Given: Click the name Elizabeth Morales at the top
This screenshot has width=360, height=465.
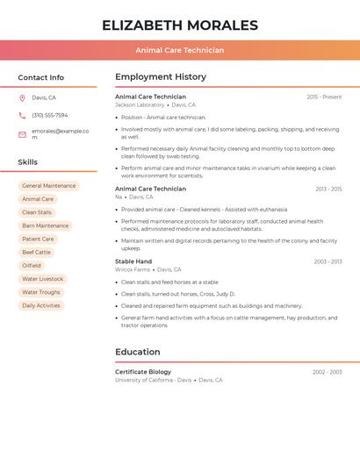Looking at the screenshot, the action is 180,25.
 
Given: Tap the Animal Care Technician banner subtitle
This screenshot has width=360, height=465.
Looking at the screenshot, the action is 180,50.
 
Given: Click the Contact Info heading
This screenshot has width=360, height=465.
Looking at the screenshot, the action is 41,77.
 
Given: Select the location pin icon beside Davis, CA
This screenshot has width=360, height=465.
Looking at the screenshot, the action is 22,98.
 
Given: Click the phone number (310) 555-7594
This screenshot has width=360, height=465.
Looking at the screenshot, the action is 50,115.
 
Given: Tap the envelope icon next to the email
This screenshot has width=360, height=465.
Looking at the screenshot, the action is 22,134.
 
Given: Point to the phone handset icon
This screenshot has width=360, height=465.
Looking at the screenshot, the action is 22,115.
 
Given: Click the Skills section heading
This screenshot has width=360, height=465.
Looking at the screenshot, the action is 28,161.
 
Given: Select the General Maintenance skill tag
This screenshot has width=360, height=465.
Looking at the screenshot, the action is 49,186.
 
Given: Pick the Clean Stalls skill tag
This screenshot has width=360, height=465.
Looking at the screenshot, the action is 37,212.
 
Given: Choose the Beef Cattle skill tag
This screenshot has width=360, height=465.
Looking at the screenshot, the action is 37,253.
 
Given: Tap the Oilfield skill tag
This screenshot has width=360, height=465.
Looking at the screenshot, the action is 32,266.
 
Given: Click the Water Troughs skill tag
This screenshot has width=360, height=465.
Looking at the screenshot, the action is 41,292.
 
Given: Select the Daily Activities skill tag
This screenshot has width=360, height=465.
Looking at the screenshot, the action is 41,305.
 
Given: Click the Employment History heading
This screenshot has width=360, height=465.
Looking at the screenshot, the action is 161,77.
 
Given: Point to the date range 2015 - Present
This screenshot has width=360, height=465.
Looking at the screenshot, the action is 324,97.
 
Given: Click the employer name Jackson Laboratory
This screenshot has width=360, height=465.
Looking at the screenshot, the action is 140,104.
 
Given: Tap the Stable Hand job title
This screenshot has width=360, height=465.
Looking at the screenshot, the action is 133,261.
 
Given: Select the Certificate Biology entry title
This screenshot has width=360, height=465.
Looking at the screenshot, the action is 143,372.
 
